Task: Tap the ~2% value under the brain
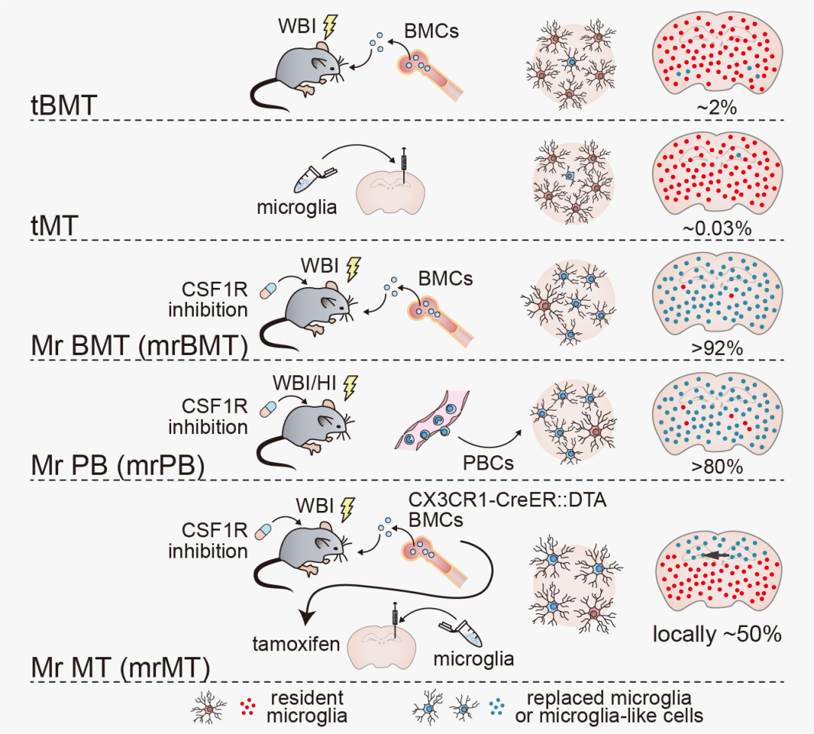716,109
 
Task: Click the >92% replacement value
716,350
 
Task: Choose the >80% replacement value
716,468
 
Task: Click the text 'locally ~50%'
716,634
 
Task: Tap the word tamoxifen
295,644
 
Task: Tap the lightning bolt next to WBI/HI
350,387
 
